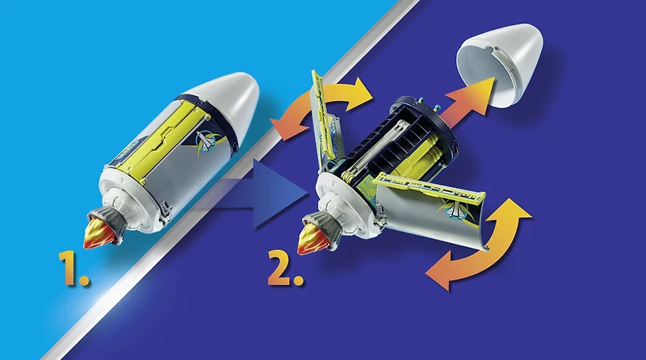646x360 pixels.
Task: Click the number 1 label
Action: point(73,271)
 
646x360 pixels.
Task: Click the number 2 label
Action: point(287,271)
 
